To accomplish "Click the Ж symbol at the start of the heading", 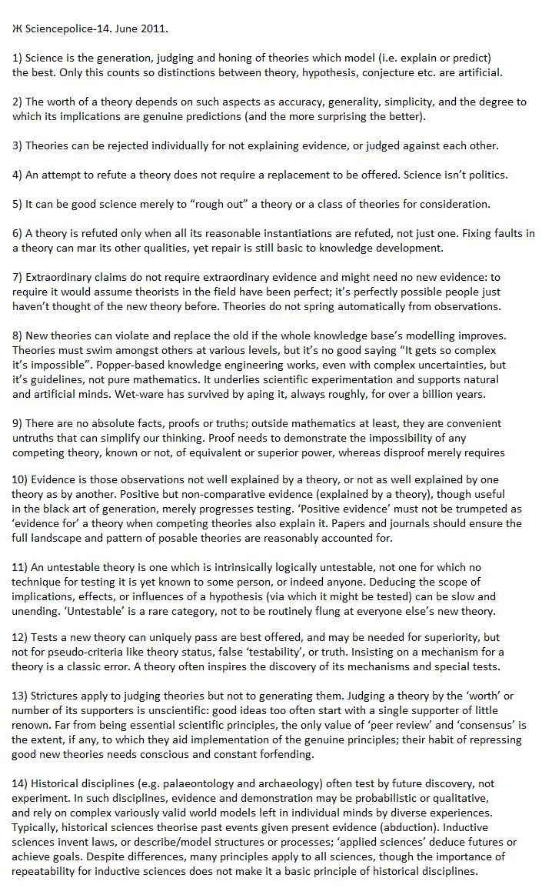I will point(17,29).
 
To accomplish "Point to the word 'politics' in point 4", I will point(484,175).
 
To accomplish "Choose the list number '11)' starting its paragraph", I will point(21,567).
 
